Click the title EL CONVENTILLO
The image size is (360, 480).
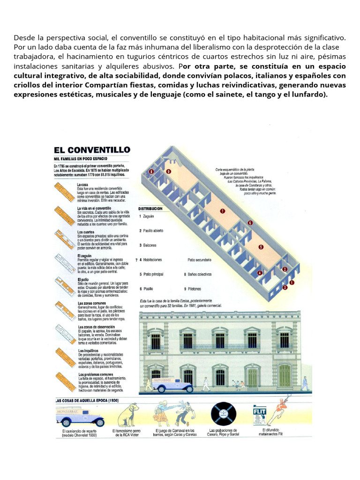tap(91, 150)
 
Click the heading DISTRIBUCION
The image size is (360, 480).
tap(150, 208)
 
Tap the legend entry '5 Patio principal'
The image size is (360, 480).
tap(152, 274)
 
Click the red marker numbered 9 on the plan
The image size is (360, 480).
tap(168, 172)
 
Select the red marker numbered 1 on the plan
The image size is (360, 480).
tap(292, 283)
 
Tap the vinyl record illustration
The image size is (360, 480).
tap(223, 413)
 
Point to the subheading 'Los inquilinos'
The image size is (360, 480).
tap(87, 350)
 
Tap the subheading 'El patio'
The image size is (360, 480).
tap(82, 279)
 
